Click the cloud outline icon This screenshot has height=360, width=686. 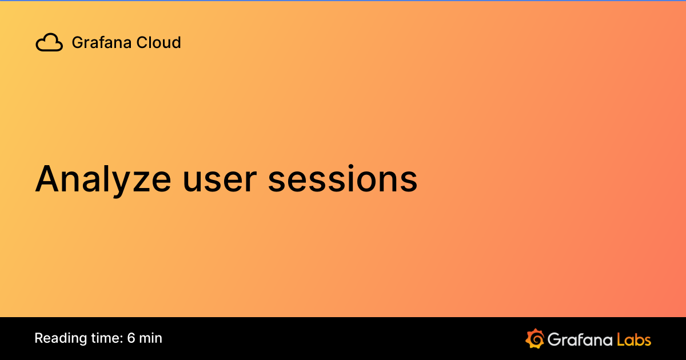click(49, 42)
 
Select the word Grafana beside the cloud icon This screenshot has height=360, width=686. click(94, 42)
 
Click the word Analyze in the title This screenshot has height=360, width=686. click(103, 179)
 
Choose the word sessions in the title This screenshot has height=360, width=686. click(343, 179)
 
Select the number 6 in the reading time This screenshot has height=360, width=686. click(131, 338)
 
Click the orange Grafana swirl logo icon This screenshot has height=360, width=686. click(535, 338)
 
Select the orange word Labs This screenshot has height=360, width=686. click(634, 339)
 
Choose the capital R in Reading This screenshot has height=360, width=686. click(38, 338)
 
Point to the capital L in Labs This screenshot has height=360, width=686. click(621, 339)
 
